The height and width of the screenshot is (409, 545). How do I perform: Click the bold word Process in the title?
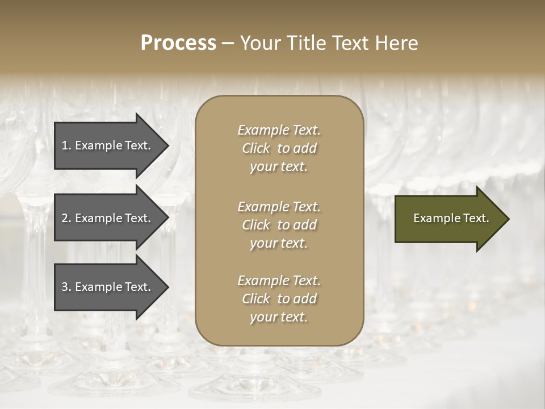coord(178,43)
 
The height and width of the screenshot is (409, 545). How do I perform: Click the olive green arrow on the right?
coord(448,219)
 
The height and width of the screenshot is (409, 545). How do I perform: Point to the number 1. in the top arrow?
coord(66,145)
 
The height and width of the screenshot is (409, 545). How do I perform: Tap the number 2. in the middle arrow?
coord(66,218)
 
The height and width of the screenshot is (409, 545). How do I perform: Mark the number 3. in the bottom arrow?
coord(66,287)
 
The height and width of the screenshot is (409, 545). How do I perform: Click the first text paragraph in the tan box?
coord(279,148)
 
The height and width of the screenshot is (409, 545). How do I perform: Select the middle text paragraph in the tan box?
coord(279,225)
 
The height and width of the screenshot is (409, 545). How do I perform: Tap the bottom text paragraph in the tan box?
coord(279,299)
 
